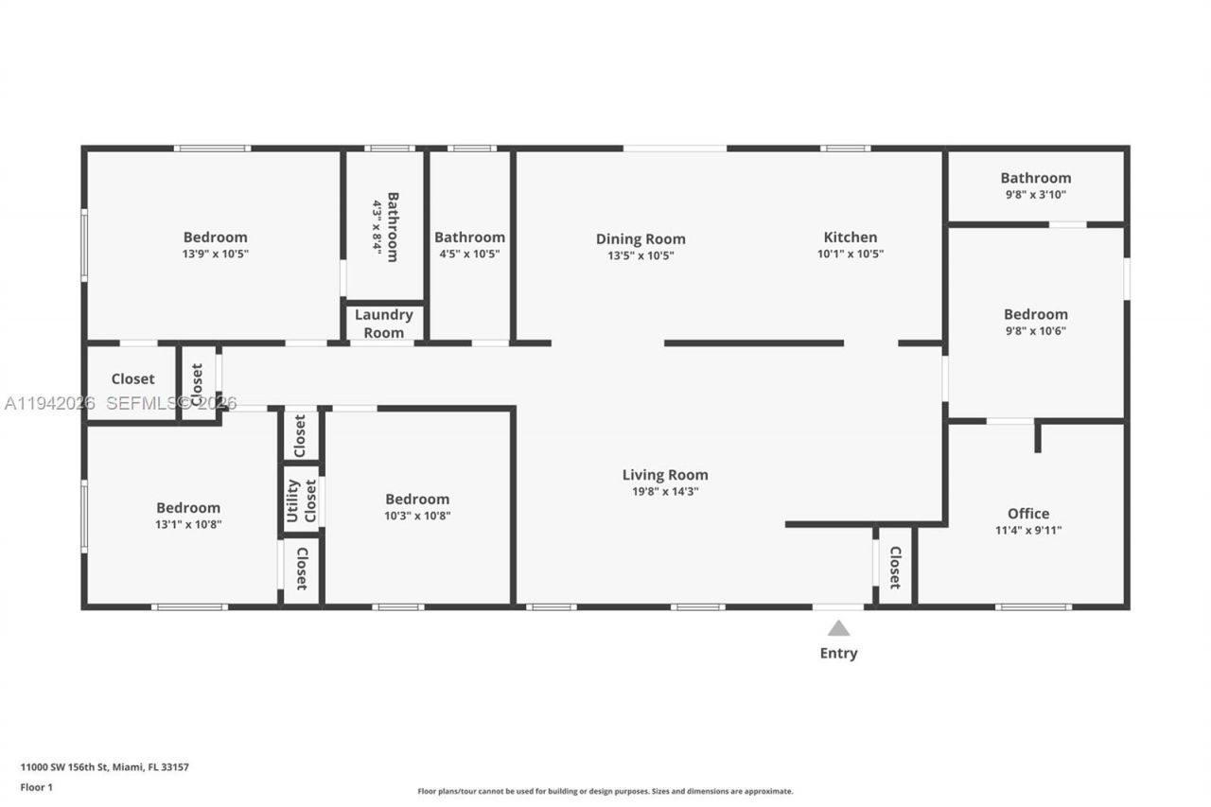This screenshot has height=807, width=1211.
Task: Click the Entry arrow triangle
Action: pos(838,628)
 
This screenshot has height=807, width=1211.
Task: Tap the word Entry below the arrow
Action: pos(838,653)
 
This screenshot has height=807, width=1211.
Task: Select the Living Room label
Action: pos(664,475)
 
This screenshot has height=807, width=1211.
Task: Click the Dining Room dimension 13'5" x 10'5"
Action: pos(641,254)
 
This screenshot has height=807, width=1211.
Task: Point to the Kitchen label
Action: pos(850,237)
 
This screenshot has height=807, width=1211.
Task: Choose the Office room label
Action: pos(1027,514)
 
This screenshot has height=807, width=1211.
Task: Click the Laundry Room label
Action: pos(383,324)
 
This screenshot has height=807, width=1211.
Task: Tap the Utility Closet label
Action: pos(301,500)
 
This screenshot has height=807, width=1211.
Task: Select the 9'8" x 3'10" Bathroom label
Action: pos(1035,178)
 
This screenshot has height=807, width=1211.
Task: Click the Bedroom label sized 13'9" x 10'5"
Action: pos(215,237)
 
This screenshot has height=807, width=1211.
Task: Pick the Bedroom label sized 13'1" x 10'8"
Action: pos(188,508)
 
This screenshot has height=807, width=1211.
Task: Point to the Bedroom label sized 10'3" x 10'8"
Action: pos(417,500)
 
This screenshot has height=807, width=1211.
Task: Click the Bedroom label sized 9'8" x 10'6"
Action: pos(1035,314)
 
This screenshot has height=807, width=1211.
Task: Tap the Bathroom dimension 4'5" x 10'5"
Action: pos(469,254)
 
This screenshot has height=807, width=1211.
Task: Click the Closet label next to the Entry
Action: pos(894,567)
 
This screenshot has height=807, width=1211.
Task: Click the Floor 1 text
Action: pos(37,787)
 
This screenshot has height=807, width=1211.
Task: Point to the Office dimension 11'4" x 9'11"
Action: pos(1027,531)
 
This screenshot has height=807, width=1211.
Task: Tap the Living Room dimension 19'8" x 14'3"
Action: pos(664,492)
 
